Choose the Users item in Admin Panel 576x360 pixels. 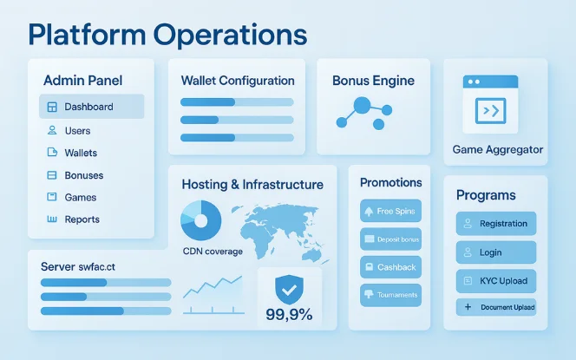click(77, 130)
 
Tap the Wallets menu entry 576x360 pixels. click(80, 153)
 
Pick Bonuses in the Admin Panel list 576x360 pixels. click(83, 175)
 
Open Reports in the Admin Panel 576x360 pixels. click(82, 219)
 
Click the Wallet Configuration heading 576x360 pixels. click(238, 81)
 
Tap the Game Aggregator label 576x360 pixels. click(498, 149)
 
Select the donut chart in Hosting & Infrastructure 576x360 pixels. click(201, 220)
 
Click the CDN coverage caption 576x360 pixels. click(213, 251)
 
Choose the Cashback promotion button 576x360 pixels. click(390, 267)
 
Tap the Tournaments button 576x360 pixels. click(390, 295)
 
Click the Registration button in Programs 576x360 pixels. click(496, 223)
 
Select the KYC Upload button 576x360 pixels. click(496, 282)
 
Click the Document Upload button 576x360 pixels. click(496, 307)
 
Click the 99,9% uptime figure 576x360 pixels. click(289, 315)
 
